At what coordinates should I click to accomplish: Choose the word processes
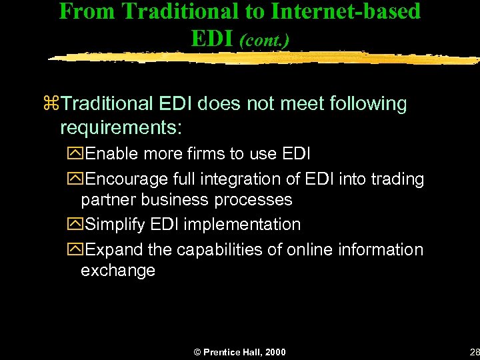tap(257, 200)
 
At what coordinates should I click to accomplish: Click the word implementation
tap(242, 225)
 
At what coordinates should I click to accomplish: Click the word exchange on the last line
tap(118, 271)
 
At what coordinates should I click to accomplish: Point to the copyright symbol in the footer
tap(197, 352)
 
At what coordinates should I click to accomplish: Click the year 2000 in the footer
tap(274, 352)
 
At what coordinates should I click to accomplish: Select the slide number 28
tap(473, 352)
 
